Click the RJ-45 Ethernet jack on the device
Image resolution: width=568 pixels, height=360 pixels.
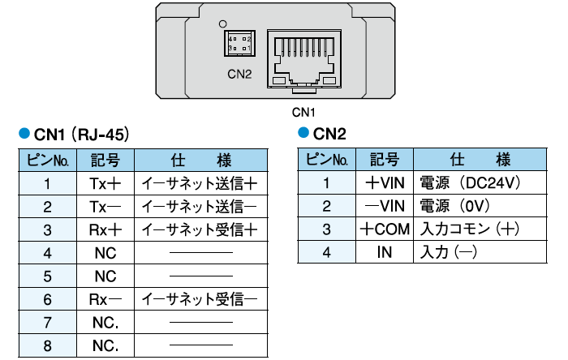click(x=304, y=57)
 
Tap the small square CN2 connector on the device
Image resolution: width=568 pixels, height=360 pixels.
click(x=239, y=43)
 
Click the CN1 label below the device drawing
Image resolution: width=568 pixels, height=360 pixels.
click(x=303, y=112)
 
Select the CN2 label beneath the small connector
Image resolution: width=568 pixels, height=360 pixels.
click(x=239, y=75)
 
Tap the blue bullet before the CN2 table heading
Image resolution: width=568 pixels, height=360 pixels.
click(x=304, y=132)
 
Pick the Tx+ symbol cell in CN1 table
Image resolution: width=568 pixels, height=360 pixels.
click(x=105, y=183)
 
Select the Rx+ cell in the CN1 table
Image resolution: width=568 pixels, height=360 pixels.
click(x=105, y=229)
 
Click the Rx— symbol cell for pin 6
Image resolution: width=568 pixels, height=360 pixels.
click(x=105, y=299)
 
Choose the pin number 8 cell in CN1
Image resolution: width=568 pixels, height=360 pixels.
click(x=48, y=346)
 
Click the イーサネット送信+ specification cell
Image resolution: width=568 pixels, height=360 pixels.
click(x=200, y=183)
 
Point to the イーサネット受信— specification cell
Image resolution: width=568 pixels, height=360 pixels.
click(x=200, y=299)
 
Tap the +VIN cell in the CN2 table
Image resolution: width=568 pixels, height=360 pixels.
click(x=385, y=183)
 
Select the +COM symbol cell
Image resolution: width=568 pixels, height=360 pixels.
click(x=385, y=229)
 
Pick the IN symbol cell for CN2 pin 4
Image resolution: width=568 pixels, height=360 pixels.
click(x=385, y=252)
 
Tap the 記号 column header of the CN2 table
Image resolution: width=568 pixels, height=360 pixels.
click(x=385, y=160)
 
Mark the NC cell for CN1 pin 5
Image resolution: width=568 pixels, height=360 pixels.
click(x=105, y=276)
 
